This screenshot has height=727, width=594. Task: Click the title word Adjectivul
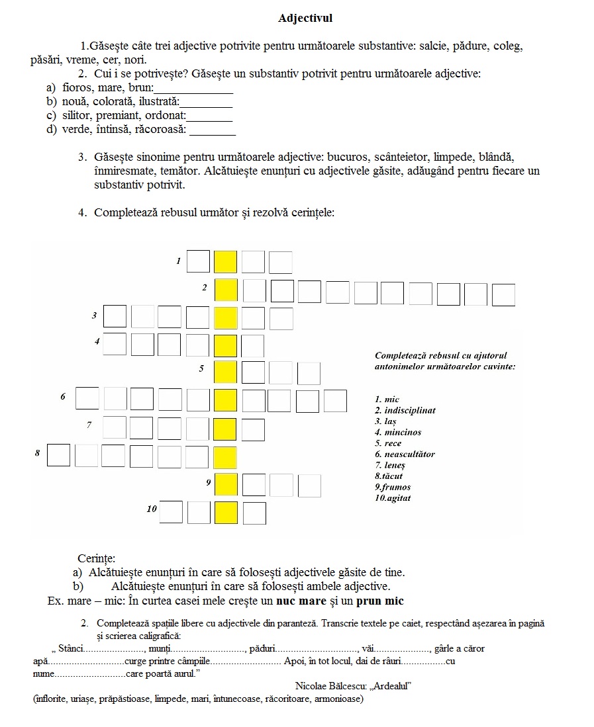(305, 19)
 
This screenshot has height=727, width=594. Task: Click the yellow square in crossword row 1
(225, 262)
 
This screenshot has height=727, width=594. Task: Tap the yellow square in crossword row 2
(226, 290)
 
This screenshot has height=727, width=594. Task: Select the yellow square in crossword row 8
(225, 458)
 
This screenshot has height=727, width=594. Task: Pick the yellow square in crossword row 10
(225, 513)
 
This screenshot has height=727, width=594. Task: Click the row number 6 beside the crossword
(63, 397)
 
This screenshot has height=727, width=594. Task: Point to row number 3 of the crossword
(94, 316)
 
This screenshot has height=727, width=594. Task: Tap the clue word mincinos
(403, 432)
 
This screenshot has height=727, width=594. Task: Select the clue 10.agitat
(393, 497)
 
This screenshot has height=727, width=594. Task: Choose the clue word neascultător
(409, 454)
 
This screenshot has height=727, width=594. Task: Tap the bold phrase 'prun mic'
(380, 601)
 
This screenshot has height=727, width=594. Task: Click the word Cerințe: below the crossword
(96, 558)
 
